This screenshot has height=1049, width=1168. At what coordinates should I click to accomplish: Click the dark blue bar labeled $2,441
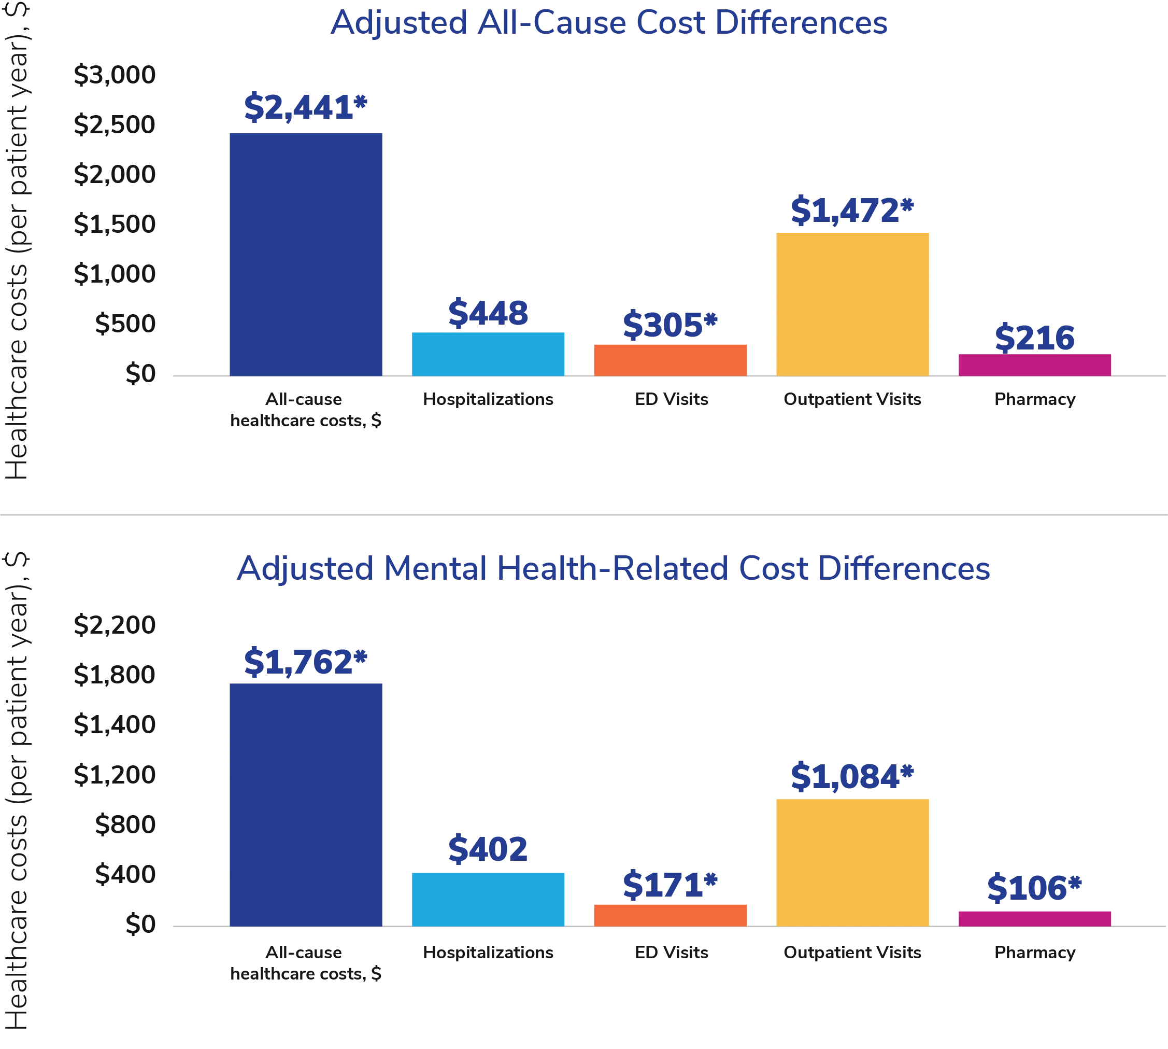click(x=306, y=254)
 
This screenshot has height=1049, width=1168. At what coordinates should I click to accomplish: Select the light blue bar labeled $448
click(x=489, y=354)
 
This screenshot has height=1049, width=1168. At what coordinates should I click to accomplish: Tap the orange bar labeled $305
click(x=671, y=360)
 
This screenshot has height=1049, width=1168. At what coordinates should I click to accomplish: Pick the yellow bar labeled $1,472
click(x=853, y=304)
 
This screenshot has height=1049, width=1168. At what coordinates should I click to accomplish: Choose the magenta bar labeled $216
click(x=1035, y=364)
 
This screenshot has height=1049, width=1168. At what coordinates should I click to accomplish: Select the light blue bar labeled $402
click(x=489, y=899)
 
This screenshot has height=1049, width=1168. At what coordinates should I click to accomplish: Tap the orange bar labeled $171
click(x=671, y=915)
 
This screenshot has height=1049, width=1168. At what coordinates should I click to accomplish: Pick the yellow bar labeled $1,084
click(x=853, y=862)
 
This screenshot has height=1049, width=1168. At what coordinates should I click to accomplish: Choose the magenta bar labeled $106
click(x=1035, y=918)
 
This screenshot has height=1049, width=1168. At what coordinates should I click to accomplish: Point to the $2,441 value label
click(x=306, y=107)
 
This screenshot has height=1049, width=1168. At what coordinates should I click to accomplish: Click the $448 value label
click(x=489, y=312)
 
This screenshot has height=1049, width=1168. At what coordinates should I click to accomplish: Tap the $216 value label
click(x=1035, y=337)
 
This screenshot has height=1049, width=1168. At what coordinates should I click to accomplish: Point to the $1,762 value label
click(x=306, y=661)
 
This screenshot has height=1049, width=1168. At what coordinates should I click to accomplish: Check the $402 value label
click(x=489, y=848)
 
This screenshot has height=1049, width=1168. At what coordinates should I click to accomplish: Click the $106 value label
click(x=1034, y=888)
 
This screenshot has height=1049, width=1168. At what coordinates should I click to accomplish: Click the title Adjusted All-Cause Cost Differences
click(x=609, y=24)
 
